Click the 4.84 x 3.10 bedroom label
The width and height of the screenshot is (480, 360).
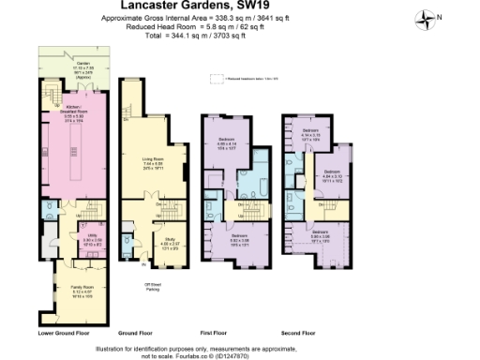[x=333, y=174]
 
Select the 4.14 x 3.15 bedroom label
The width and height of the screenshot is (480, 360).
[x=310, y=133]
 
